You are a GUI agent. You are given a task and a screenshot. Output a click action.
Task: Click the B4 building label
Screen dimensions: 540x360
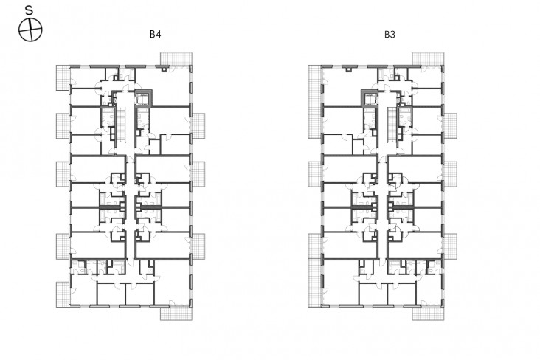pos(155,35)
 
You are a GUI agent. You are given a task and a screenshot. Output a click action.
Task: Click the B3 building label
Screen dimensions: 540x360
pos(390,35)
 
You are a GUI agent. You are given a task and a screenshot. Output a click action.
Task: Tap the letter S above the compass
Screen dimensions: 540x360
pos(30,10)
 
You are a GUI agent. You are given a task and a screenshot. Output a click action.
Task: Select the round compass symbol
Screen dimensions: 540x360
pos(30,30)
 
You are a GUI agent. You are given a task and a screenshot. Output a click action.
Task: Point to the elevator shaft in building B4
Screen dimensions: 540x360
pos(143,97)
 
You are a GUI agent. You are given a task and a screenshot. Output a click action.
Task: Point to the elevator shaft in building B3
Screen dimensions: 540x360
pos(370,97)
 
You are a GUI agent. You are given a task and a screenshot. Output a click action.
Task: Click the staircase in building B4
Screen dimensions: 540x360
pos(121,125)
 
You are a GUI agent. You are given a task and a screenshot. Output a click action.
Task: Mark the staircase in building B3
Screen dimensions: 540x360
pos(392,125)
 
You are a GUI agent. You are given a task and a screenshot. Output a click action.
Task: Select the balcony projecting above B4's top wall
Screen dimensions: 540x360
pos(176,59)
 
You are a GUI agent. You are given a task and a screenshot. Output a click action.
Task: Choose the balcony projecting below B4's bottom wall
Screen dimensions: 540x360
pos(176,313)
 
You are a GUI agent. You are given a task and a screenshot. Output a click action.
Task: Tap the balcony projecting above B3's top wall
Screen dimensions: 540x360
pos(428,59)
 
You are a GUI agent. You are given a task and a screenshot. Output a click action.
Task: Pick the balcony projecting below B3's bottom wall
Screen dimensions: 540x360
pos(428,313)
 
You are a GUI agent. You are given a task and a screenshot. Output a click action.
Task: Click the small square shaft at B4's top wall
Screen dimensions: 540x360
pos(165,69)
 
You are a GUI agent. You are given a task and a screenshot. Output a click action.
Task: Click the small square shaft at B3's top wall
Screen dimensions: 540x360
pos(349,69)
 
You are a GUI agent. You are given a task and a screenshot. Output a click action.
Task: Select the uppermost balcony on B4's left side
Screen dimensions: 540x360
pos(63,78)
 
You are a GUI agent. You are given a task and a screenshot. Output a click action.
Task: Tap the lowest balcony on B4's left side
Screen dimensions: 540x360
pos(63,294)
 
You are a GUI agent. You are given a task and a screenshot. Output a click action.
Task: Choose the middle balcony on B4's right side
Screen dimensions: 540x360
pos(198,174)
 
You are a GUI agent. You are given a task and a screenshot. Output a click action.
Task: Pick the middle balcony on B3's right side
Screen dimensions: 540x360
pos(450,174)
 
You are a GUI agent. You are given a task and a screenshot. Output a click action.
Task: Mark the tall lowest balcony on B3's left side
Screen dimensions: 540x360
pos(315,271)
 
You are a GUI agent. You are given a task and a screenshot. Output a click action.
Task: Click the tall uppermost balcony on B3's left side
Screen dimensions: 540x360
pos(315,102)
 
